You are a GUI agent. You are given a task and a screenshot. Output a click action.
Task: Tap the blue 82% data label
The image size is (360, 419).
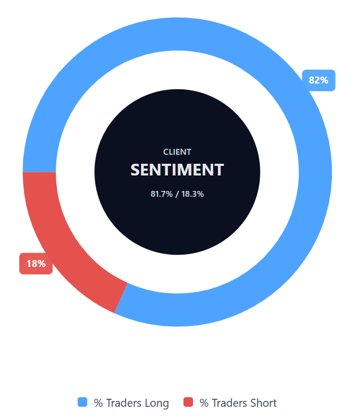[x=319, y=80]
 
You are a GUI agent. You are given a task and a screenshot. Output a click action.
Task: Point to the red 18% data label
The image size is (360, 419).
[x=36, y=263]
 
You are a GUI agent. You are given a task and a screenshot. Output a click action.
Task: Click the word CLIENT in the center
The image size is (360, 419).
[x=177, y=152]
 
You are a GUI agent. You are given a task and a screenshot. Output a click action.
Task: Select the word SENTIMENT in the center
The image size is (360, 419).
[x=177, y=170]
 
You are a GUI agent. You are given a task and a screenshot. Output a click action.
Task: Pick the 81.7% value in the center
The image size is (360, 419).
[x=162, y=194]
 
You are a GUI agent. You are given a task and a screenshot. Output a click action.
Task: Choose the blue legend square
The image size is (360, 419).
[x=82, y=403]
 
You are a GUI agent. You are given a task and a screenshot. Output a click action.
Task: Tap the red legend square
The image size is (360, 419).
[x=188, y=403]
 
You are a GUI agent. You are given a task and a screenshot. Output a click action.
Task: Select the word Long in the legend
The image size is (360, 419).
[x=157, y=403]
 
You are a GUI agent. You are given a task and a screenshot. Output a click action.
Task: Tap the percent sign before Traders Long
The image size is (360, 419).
[x=98, y=403]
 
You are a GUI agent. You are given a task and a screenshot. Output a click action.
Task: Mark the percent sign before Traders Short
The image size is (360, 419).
[x=204, y=403]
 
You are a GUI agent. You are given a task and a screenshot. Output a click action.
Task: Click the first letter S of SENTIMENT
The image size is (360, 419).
[x=136, y=170]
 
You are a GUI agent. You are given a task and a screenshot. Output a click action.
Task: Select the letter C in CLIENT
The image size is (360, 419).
[x=166, y=152]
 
